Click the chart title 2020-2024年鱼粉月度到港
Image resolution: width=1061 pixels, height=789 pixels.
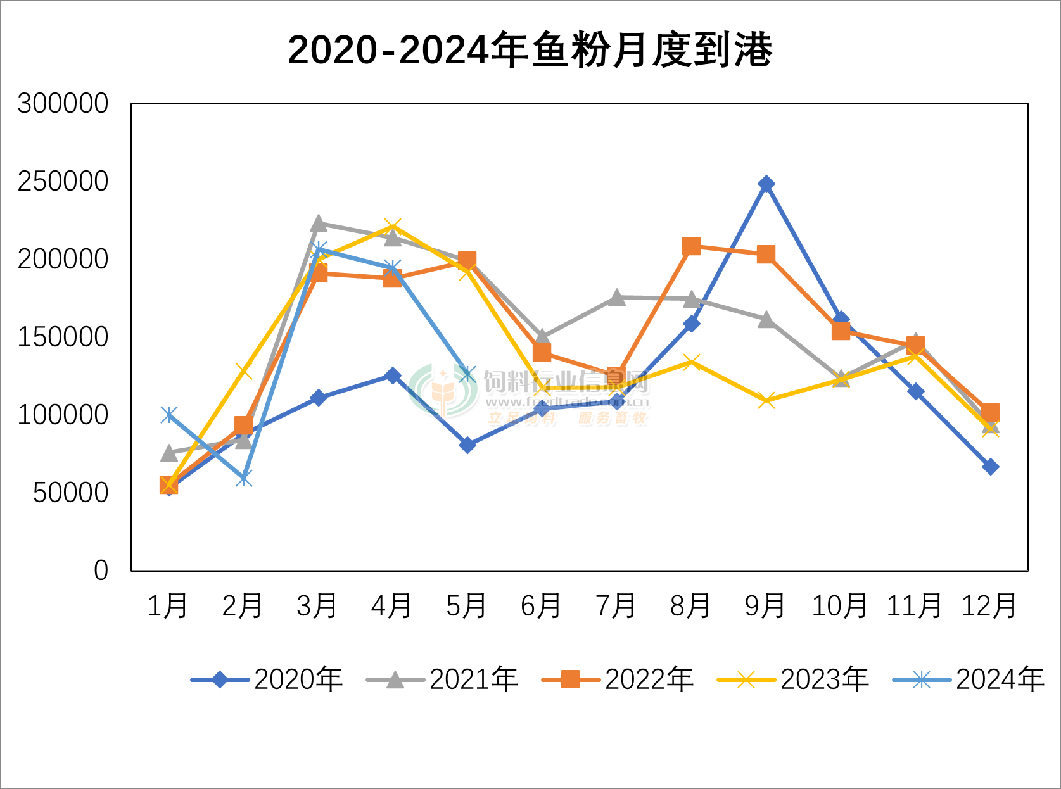pos(530,49)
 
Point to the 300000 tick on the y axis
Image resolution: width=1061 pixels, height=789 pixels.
pos(63,103)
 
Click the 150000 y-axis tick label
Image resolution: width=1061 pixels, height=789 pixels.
pos(63,337)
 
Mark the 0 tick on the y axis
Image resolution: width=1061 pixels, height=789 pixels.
pos(101,571)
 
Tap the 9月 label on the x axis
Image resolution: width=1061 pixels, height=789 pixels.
pos(765,606)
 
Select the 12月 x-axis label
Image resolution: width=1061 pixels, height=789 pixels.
pos(989,606)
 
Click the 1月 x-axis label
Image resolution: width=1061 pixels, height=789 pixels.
pos(168,606)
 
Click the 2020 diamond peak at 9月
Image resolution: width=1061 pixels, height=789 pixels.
pos(766,184)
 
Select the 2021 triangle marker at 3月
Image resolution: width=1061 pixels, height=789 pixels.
pos(319,224)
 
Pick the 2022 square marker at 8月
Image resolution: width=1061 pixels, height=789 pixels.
pos(692,246)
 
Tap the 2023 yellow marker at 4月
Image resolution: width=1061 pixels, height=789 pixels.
pos(393,227)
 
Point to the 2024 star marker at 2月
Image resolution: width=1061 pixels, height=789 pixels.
pos(244,478)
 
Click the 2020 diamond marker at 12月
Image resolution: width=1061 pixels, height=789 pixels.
pos(991,467)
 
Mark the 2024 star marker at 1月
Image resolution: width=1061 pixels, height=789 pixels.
pos(169,415)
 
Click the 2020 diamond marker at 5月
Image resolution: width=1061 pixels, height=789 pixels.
pos(467,445)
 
